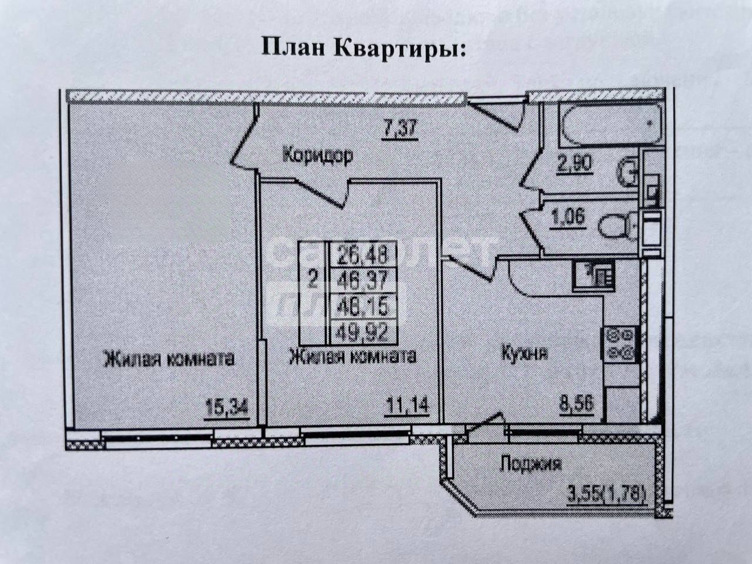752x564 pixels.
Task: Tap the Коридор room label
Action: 317,156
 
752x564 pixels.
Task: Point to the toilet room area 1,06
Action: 568,217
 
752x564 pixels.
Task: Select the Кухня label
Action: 525,353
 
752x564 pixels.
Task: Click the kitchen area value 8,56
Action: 575,405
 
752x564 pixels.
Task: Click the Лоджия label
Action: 531,464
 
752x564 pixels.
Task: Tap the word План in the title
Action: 293,48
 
